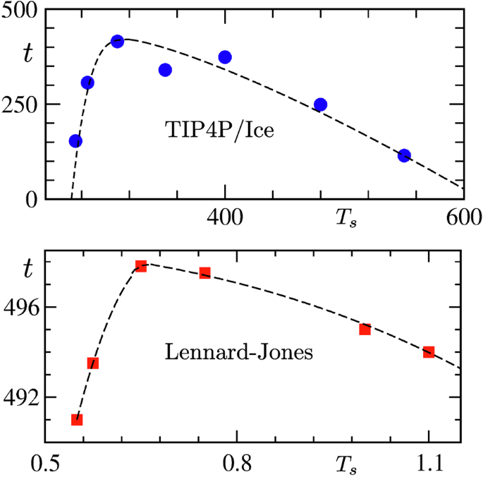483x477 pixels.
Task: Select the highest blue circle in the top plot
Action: (x=117, y=42)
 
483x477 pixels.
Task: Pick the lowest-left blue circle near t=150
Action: (x=75, y=141)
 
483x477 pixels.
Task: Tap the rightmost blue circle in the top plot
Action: (x=404, y=156)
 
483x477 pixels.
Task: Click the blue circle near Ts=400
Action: (x=225, y=57)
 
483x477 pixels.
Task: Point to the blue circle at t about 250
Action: (x=320, y=104)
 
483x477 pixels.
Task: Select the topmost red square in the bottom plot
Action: (x=141, y=266)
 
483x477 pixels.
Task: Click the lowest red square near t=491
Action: (x=77, y=420)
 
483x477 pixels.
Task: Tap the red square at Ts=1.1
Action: (x=429, y=352)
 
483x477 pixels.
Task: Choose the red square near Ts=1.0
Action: (x=365, y=330)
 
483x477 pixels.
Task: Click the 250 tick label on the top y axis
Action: (x=23, y=104)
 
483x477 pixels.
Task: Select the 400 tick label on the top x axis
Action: (x=225, y=217)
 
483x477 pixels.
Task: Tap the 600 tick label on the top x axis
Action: (x=463, y=217)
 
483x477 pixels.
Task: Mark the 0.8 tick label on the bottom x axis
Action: (x=236, y=464)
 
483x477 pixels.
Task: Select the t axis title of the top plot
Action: (x=27, y=54)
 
